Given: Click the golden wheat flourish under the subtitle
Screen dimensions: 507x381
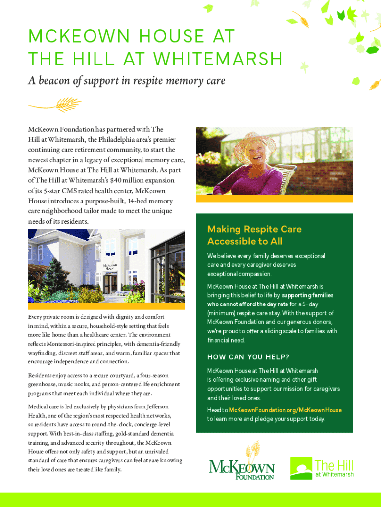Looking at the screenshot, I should (54, 104).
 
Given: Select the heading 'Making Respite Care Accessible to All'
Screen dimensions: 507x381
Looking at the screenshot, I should (254, 235).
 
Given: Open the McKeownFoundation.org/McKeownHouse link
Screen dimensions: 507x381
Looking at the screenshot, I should (286, 410).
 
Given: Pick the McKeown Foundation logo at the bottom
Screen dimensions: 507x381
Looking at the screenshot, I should (241, 463).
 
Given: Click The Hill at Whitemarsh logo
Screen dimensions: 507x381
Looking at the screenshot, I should (322, 468).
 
